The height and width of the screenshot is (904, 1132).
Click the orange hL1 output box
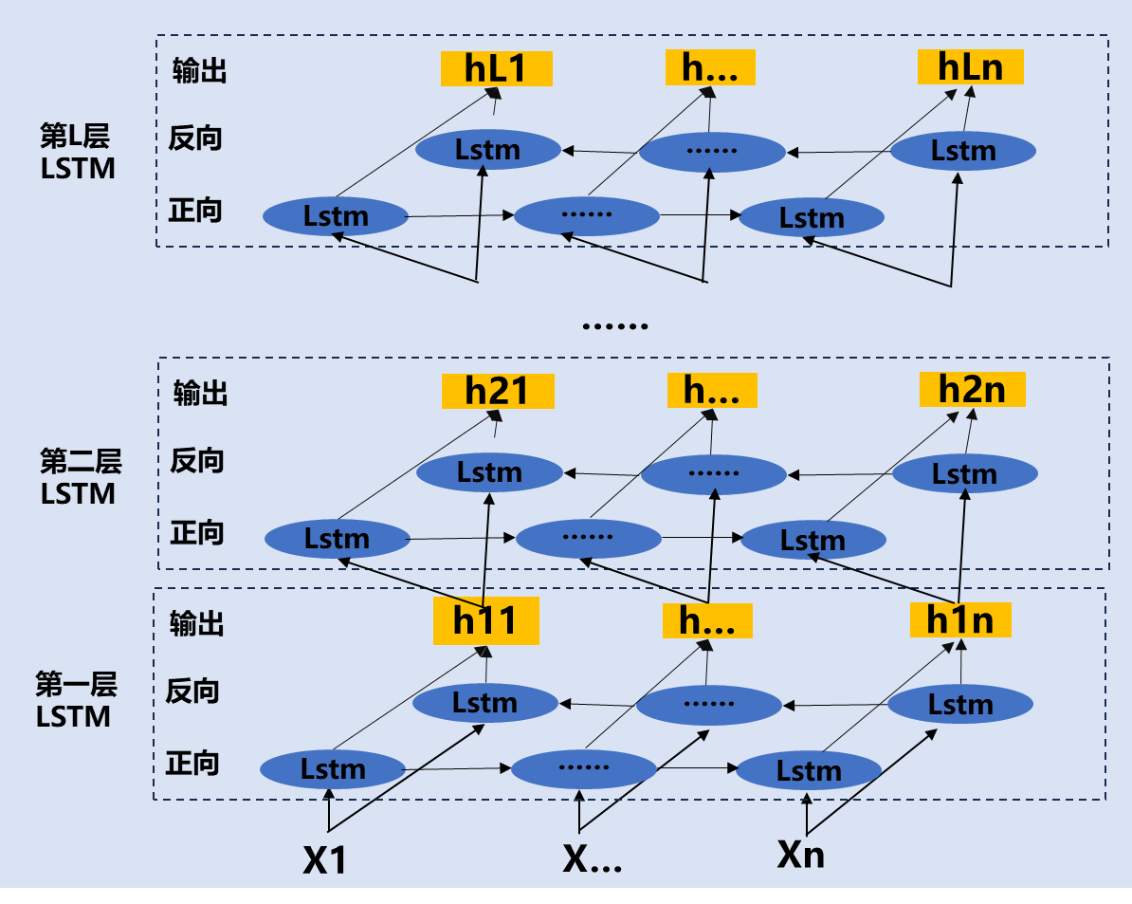pyautogui.click(x=496, y=68)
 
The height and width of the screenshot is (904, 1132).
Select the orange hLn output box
pyautogui.click(x=970, y=66)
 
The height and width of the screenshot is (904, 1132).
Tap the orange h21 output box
pyautogui.click(x=497, y=391)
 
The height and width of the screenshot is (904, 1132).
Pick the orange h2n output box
pyautogui.click(x=972, y=389)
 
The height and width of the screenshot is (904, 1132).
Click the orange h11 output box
pyautogui.click(x=485, y=620)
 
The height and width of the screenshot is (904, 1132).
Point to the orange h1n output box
pyautogui.click(x=959, y=619)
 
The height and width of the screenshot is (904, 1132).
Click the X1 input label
pyautogui.click(x=325, y=859)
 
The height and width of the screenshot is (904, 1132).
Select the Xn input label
pyautogui.click(x=801, y=855)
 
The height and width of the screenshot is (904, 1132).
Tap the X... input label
pyautogui.click(x=592, y=858)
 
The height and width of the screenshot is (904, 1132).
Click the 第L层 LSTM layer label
pyautogui.click(x=77, y=153)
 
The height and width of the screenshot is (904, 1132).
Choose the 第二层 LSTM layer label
pyautogui.click(x=80, y=477)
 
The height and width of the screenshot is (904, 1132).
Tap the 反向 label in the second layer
pyautogui.click(x=197, y=461)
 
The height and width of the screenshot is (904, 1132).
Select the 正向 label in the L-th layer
pyautogui.click(x=195, y=210)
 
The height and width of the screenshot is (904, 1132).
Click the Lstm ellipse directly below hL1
pyautogui.click(x=488, y=149)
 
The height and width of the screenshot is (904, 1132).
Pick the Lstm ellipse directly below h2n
pyautogui.click(x=964, y=473)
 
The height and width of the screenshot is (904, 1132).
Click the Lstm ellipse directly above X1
pyautogui.click(x=333, y=768)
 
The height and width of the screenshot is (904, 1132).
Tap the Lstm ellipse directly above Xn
pyautogui.click(x=809, y=770)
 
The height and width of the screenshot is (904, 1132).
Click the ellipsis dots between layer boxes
pyautogui.click(x=614, y=325)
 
